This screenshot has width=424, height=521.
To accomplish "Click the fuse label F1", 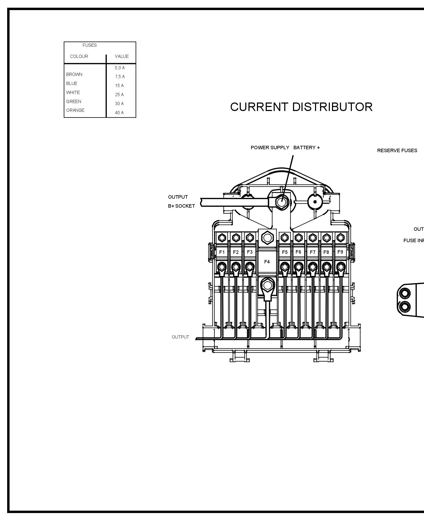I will tap(222, 252).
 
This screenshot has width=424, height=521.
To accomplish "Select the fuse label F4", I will tap(267, 262).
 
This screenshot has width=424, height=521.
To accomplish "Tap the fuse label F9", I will tap(340, 252).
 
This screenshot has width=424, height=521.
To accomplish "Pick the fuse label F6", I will tap(298, 252).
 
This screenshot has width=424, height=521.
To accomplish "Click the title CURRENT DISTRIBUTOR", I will tap(301, 107).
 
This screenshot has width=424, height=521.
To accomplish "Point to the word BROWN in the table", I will tap(74, 74).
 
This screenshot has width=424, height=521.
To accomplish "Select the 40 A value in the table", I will tap(119, 113).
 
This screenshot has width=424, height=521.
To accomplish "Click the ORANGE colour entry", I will tap(75, 110).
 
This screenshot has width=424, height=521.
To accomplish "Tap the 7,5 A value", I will tap(120, 76).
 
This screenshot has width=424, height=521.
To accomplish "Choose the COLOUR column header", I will tap(79, 56).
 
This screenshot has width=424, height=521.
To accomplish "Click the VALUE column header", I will tap(122, 56).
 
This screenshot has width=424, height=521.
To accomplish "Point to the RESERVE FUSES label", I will tap(397, 151).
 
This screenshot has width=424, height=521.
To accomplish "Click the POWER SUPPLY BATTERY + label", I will tap(285, 148).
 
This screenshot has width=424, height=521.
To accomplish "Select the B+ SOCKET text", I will tap(182, 206).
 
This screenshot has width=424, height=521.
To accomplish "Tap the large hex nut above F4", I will tap(267, 238).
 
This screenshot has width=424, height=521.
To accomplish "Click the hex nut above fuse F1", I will tap(222, 237).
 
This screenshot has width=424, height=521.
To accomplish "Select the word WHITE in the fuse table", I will tap(73, 92).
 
